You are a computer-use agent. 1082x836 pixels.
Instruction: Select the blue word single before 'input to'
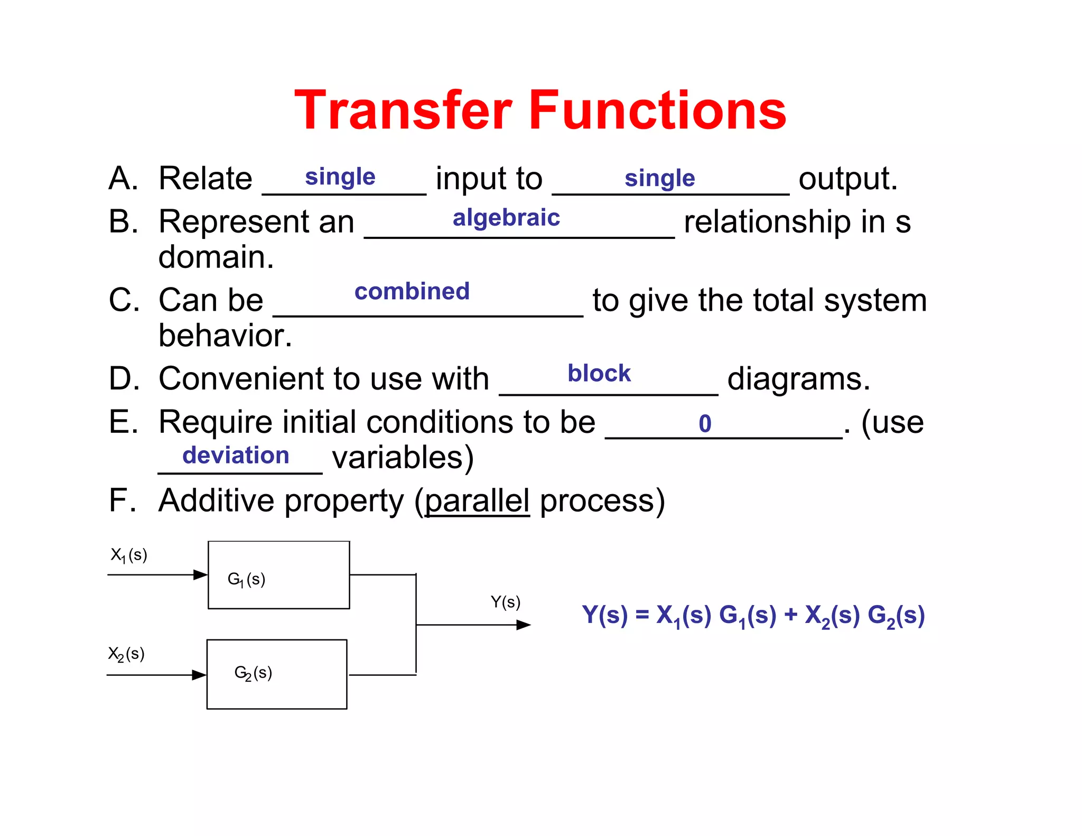pos(340,177)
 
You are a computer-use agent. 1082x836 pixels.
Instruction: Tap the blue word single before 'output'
pos(659,178)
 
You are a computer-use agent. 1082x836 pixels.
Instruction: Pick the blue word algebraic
pos(506,218)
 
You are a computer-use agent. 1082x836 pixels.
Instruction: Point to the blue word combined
pos(412,291)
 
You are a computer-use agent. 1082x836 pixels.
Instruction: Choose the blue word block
pos(599,373)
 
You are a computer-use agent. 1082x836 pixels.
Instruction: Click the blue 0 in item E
pos(705,423)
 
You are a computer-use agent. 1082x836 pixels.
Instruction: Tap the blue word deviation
pos(236,456)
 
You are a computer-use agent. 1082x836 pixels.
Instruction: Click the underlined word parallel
pos(477,500)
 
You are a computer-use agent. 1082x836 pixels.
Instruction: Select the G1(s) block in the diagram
pos(279,575)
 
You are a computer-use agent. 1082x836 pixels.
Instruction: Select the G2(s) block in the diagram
pos(277,674)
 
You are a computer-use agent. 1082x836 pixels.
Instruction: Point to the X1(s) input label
pos(128,555)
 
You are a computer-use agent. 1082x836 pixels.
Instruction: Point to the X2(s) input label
pos(126,654)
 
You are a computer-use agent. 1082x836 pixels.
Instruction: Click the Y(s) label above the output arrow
pos(505,602)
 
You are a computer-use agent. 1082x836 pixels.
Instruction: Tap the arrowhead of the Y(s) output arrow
pos(524,625)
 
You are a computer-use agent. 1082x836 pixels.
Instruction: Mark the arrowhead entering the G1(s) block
pos(201,574)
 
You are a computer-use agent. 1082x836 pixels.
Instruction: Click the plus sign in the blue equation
pos(790,615)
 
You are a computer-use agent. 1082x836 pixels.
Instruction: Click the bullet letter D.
pos(123,379)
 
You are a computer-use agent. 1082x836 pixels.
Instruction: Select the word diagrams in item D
pos(798,379)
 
